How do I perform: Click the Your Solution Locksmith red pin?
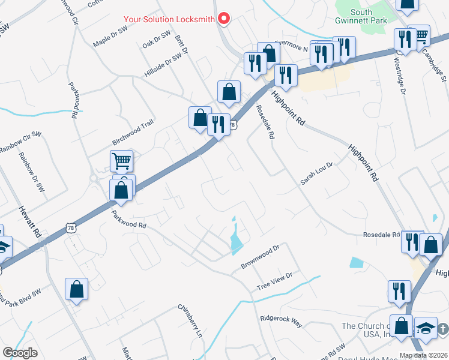[224, 19]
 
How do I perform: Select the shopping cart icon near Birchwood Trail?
[121, 160]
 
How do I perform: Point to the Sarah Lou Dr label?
[317, 173]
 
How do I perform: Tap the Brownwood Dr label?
[261, 256]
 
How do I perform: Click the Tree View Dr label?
[274, 280]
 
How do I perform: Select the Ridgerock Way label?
[280, 319]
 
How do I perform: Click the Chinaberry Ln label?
[190, 320]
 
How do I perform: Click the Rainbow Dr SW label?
[32, 172]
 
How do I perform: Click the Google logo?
[20, 353]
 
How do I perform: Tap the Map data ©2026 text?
[424, 355]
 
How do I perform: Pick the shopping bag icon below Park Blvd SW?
[77, 290]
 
